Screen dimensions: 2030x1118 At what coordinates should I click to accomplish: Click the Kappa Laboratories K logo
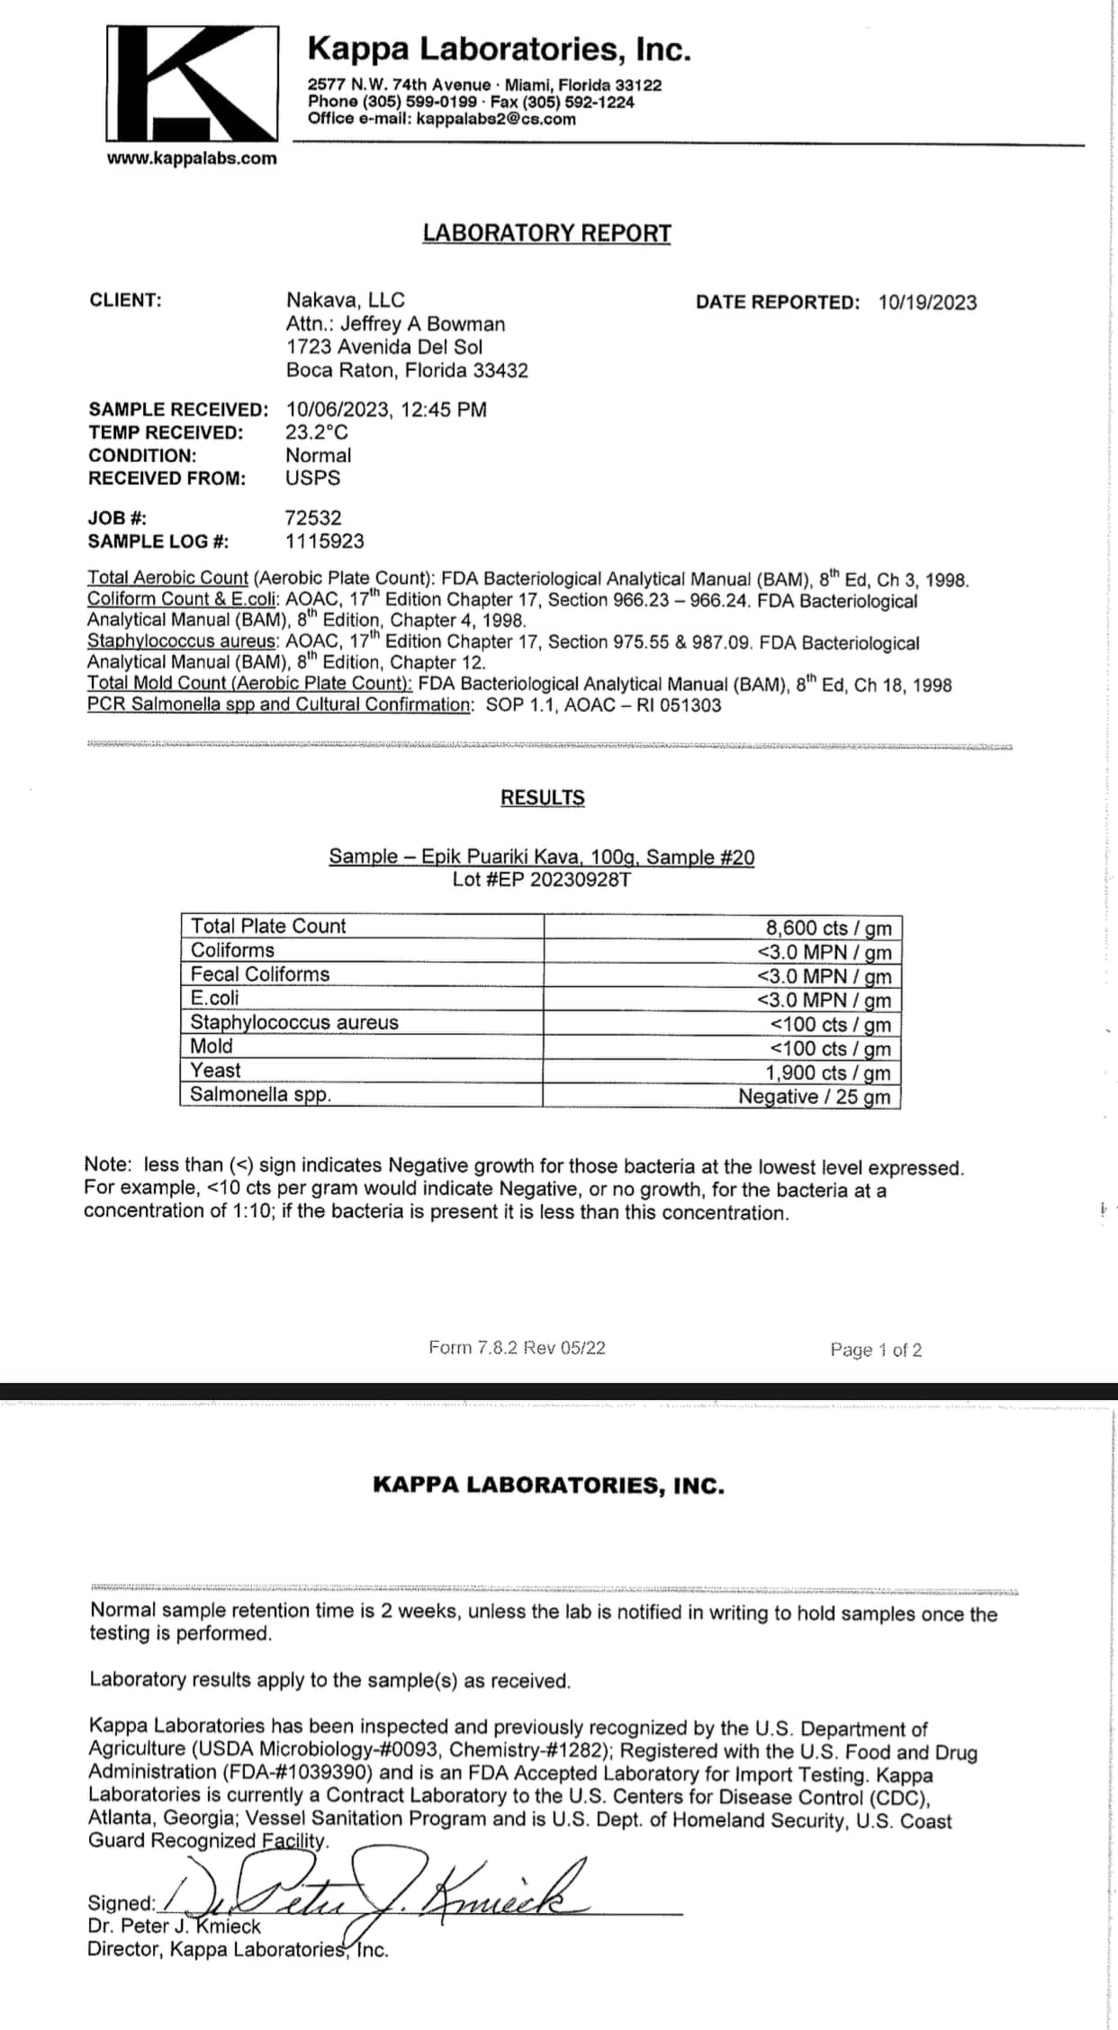192,83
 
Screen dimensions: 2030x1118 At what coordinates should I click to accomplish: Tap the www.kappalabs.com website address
192,158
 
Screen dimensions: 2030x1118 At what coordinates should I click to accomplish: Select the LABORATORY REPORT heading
546,233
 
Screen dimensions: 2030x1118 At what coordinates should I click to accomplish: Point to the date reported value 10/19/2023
927,302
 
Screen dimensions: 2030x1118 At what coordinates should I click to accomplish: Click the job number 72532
313,517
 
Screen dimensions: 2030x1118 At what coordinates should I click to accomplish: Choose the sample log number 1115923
325,541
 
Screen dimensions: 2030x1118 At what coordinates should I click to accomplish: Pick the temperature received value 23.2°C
317,432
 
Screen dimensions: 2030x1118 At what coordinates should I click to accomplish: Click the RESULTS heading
542,797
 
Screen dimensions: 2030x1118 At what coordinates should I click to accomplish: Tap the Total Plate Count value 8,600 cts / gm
828,928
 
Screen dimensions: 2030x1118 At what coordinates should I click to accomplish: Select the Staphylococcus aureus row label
294,1022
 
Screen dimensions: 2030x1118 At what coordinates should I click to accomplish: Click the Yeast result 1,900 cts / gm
828,1073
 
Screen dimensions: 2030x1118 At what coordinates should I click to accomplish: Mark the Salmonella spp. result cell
814,1096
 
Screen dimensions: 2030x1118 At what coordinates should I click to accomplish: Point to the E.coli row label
215,998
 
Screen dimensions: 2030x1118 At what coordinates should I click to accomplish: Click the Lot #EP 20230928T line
541,879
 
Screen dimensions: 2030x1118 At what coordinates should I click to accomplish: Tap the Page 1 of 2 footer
876,1350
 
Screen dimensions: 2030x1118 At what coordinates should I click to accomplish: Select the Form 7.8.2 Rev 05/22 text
517,1347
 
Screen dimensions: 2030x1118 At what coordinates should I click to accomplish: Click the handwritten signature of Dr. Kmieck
387,1898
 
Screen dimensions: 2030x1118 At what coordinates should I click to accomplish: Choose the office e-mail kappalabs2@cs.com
495,119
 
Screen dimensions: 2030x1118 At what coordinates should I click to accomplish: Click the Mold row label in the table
212,1046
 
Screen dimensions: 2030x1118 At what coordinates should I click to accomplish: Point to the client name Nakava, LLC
346,300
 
